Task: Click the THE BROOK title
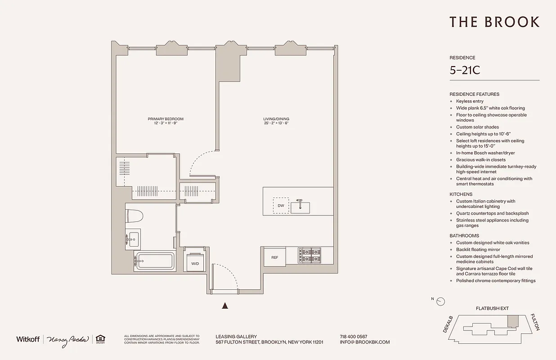coord(494,22)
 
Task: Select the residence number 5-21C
coord(465,71)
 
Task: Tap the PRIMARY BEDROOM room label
coord(166,119)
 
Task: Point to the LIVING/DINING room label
coord(276,119)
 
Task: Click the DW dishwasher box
coord(281,206)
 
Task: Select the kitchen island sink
coord(300,207)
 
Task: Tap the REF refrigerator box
coord(274,257)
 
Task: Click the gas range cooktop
coord(309,256)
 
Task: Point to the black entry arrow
coord(226,306)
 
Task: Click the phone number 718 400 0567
coord(354,337)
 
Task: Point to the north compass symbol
coord(440,301)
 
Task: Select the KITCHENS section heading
coord(461,194)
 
